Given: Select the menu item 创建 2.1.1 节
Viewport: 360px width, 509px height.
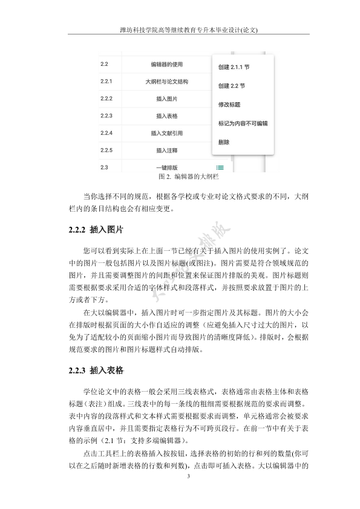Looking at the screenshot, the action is [234, 66].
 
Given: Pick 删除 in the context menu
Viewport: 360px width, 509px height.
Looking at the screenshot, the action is [223, 143].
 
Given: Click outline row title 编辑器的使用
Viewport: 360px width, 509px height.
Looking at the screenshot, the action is [166, 63].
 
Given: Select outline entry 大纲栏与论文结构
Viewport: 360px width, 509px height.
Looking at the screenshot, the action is [166, 81].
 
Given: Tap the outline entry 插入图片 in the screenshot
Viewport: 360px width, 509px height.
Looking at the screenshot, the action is [166, 98].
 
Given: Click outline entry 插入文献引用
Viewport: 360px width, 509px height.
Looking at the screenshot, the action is [166, 133].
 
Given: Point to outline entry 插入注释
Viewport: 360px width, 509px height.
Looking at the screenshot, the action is [166, 150].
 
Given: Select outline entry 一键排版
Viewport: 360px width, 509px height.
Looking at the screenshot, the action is [166, 167].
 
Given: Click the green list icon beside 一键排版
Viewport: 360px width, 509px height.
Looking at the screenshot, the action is [219, 167].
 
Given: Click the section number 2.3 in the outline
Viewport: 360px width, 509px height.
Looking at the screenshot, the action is [104, 167].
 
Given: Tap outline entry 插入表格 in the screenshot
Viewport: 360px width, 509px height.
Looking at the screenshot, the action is [166, 115].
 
